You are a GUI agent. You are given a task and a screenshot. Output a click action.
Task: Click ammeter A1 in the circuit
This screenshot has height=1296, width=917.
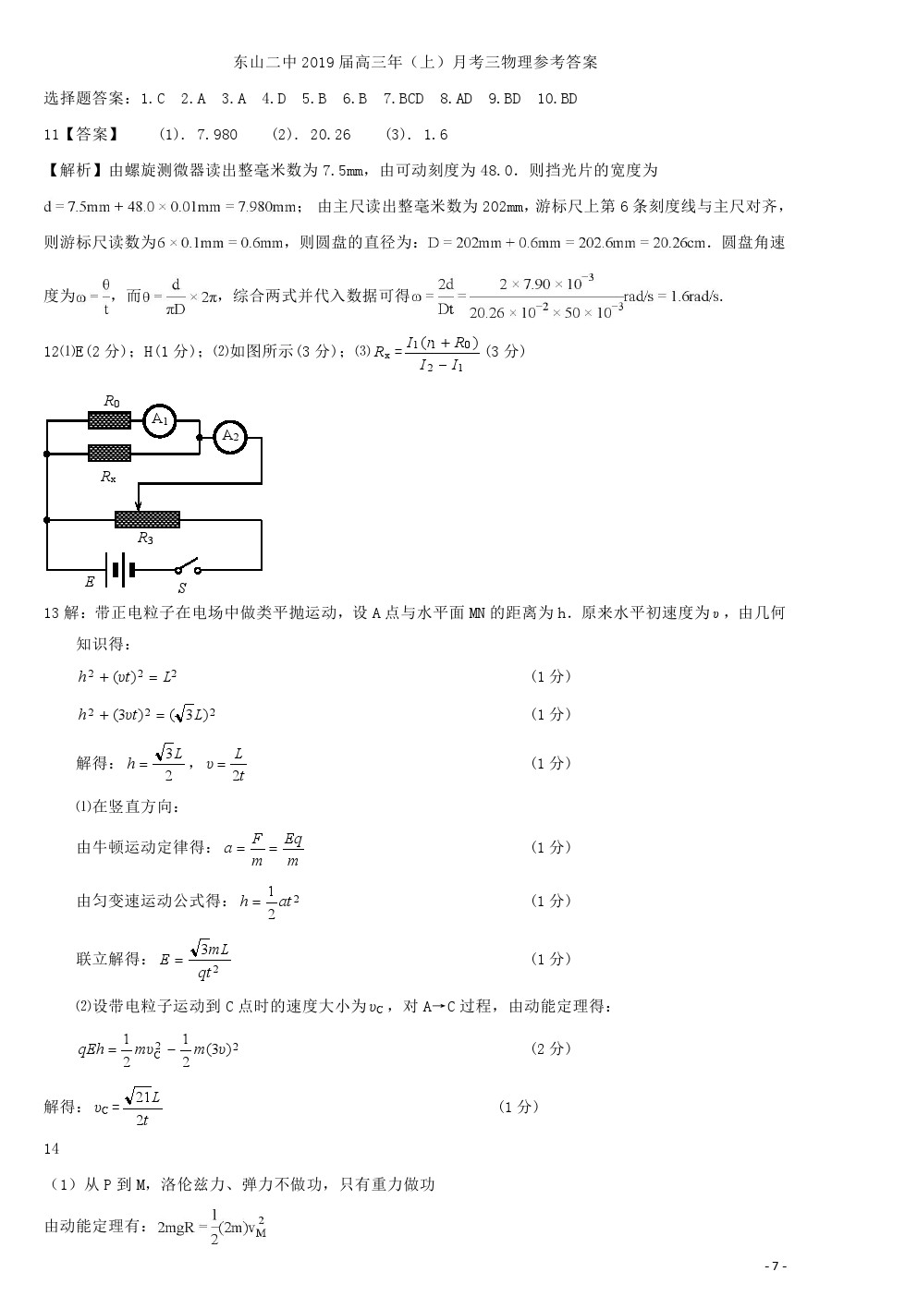coord(160,420)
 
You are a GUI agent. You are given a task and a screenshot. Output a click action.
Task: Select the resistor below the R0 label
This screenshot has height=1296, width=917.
coord(109,420)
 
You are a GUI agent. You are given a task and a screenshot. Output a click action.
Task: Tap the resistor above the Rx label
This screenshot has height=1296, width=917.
coord(109,453)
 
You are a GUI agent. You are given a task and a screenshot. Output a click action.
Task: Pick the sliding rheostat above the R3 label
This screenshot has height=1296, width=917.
coord(147,519)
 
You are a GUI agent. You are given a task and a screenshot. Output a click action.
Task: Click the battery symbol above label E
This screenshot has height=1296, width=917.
coord(119,570)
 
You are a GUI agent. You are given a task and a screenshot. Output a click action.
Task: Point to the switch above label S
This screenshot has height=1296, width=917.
coord(187,567)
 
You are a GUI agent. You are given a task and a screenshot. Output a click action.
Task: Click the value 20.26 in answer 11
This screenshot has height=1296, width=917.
coord(330,135)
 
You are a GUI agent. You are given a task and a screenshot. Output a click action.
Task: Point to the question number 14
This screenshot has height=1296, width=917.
coord(52,1149)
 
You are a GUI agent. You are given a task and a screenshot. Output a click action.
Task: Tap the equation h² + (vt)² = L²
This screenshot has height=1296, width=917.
coord(128,677)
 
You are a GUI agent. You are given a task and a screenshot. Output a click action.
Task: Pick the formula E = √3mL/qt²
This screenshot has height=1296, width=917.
coord(195,960)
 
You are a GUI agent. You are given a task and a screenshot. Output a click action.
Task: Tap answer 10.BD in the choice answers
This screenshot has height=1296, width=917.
coord(556,99)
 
